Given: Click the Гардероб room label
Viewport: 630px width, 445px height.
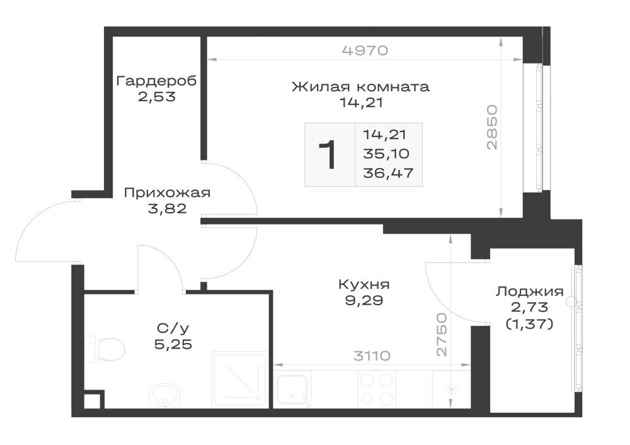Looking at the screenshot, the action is coord(156,81).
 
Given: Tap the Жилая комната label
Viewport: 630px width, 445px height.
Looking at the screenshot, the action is coord(360,86).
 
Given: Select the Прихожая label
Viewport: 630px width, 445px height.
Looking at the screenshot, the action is coord(167,193).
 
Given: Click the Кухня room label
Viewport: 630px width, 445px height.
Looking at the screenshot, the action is coord(364,284).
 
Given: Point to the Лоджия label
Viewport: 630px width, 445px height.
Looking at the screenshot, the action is coord(530,291).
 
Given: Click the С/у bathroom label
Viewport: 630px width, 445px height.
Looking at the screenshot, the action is coord(173,329).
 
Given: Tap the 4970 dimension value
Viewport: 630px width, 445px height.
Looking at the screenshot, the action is coord(365,50).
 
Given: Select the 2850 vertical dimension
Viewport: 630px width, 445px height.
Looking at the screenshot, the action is coord(492,127).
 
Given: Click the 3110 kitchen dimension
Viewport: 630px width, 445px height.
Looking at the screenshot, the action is coord(372,356).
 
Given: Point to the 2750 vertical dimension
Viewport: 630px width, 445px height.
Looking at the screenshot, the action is coord(442,335).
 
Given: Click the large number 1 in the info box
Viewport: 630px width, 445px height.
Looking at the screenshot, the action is coord(328,155).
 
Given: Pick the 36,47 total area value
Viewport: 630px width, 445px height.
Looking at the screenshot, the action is coord(388,173).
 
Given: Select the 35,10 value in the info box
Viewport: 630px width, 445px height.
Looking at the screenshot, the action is coord(386,154).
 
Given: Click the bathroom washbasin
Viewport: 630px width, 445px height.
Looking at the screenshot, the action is coord(166,396).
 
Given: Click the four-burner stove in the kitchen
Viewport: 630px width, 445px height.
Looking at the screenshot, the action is coord(377,389).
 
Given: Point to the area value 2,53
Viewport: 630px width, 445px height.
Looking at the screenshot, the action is coord(157,97).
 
